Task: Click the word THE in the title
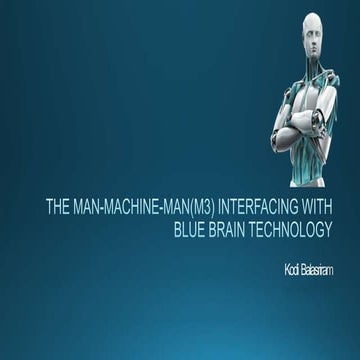click(x=57, y=209)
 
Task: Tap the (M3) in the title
click(x=204, y=209)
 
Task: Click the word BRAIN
click(x=232, y=229)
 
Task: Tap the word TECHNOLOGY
click(x=295, y=229)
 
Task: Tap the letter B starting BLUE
click(x=177, y=229)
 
